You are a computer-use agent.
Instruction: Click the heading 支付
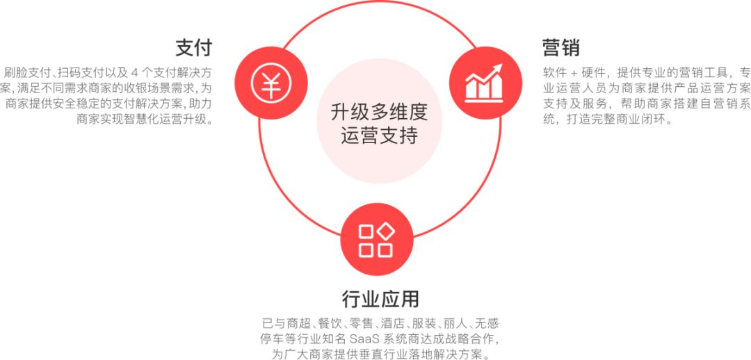click(193, 48)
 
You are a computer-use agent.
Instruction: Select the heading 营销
click(561, 48)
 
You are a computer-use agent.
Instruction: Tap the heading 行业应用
click(380, 299)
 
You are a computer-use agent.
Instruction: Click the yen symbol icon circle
click(271, 83)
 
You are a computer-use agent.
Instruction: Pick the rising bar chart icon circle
click(485, 83)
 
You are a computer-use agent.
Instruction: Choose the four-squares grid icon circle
click(376, 239)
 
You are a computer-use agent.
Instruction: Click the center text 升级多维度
click(379, 113)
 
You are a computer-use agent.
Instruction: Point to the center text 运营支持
click(380, 136)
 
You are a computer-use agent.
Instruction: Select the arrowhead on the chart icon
click(498, 69)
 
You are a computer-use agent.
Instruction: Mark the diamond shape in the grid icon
click(385, 231)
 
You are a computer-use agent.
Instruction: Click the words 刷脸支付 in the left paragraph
click(29, 73)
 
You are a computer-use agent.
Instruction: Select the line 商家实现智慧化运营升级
click(144, 120)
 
